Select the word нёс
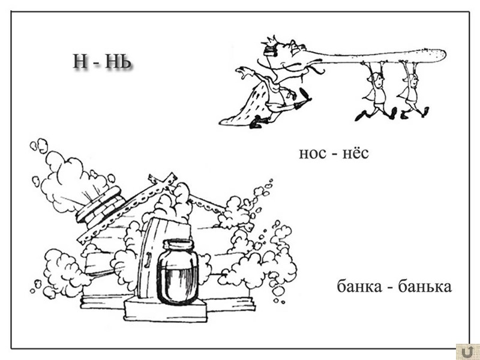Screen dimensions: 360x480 [x=355, y=154]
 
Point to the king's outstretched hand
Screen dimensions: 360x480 [x=243, y=73]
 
